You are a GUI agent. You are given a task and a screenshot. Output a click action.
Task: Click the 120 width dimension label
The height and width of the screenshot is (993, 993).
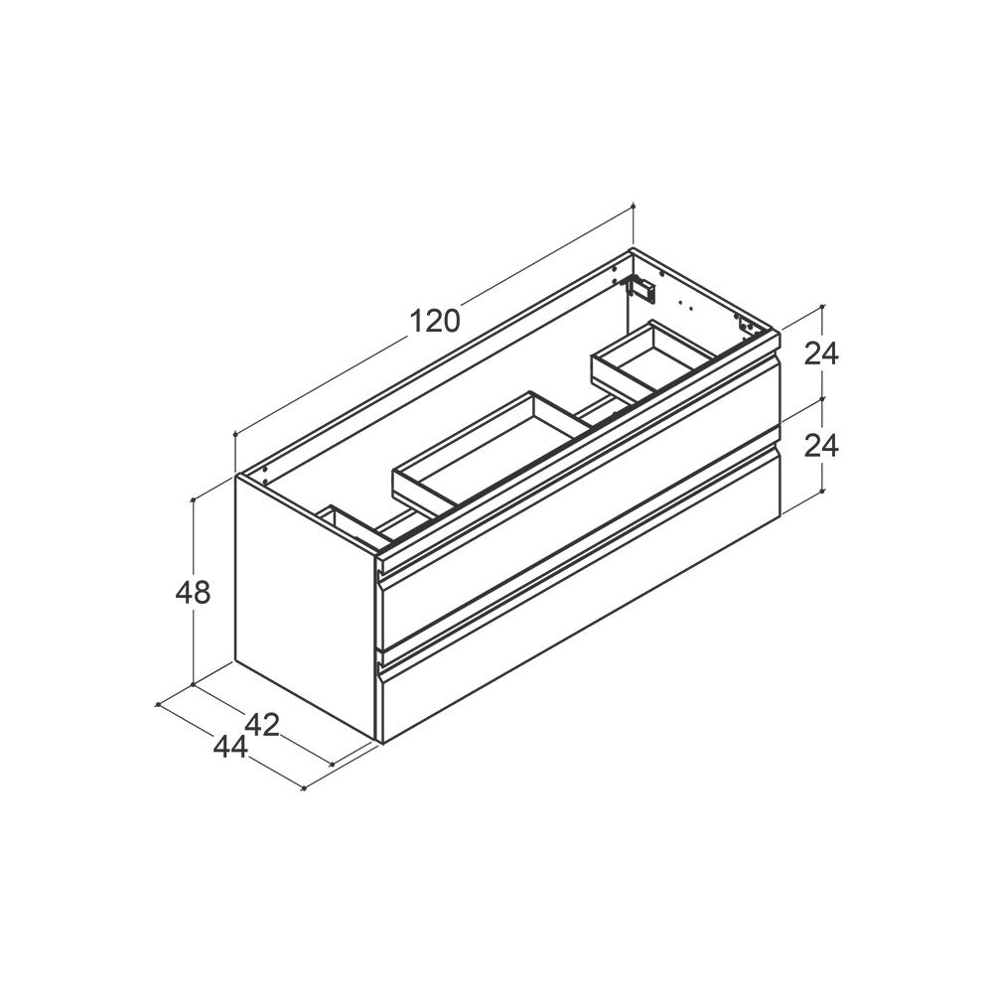pyautogui.click(x=435, y=321)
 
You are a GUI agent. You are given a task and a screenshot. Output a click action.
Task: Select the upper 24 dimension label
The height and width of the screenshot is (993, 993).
pyautogui.click(x=821, y=354)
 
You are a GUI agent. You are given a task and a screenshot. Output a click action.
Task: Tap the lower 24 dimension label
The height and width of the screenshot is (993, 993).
pyautogui.click(x=821, y=446)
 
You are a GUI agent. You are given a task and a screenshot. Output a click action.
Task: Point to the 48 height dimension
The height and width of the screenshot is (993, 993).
pyautogui.click(x=193, y=593)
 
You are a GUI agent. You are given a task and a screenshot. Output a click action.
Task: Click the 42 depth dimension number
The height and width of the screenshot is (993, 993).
pyautogui.click(x=262, y=725)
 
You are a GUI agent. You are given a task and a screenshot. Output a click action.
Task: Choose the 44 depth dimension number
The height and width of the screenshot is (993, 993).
pyautogui.click(x=230, y=748)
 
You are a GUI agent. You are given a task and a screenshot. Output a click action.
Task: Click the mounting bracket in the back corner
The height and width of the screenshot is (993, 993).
pyautogui.click(x=640, y=288)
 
